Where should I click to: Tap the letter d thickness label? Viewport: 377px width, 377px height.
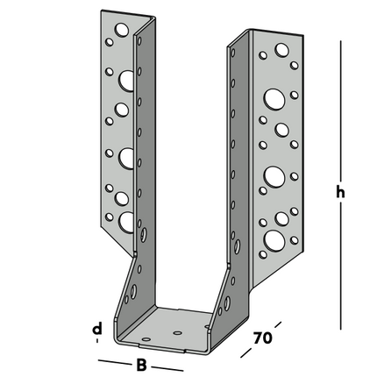click(97, 329)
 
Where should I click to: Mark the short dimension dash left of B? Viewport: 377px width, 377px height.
click(111, 360)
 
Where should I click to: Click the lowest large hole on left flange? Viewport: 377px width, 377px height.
click(128, 220)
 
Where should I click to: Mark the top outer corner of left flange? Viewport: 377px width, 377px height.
click(99, 13)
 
